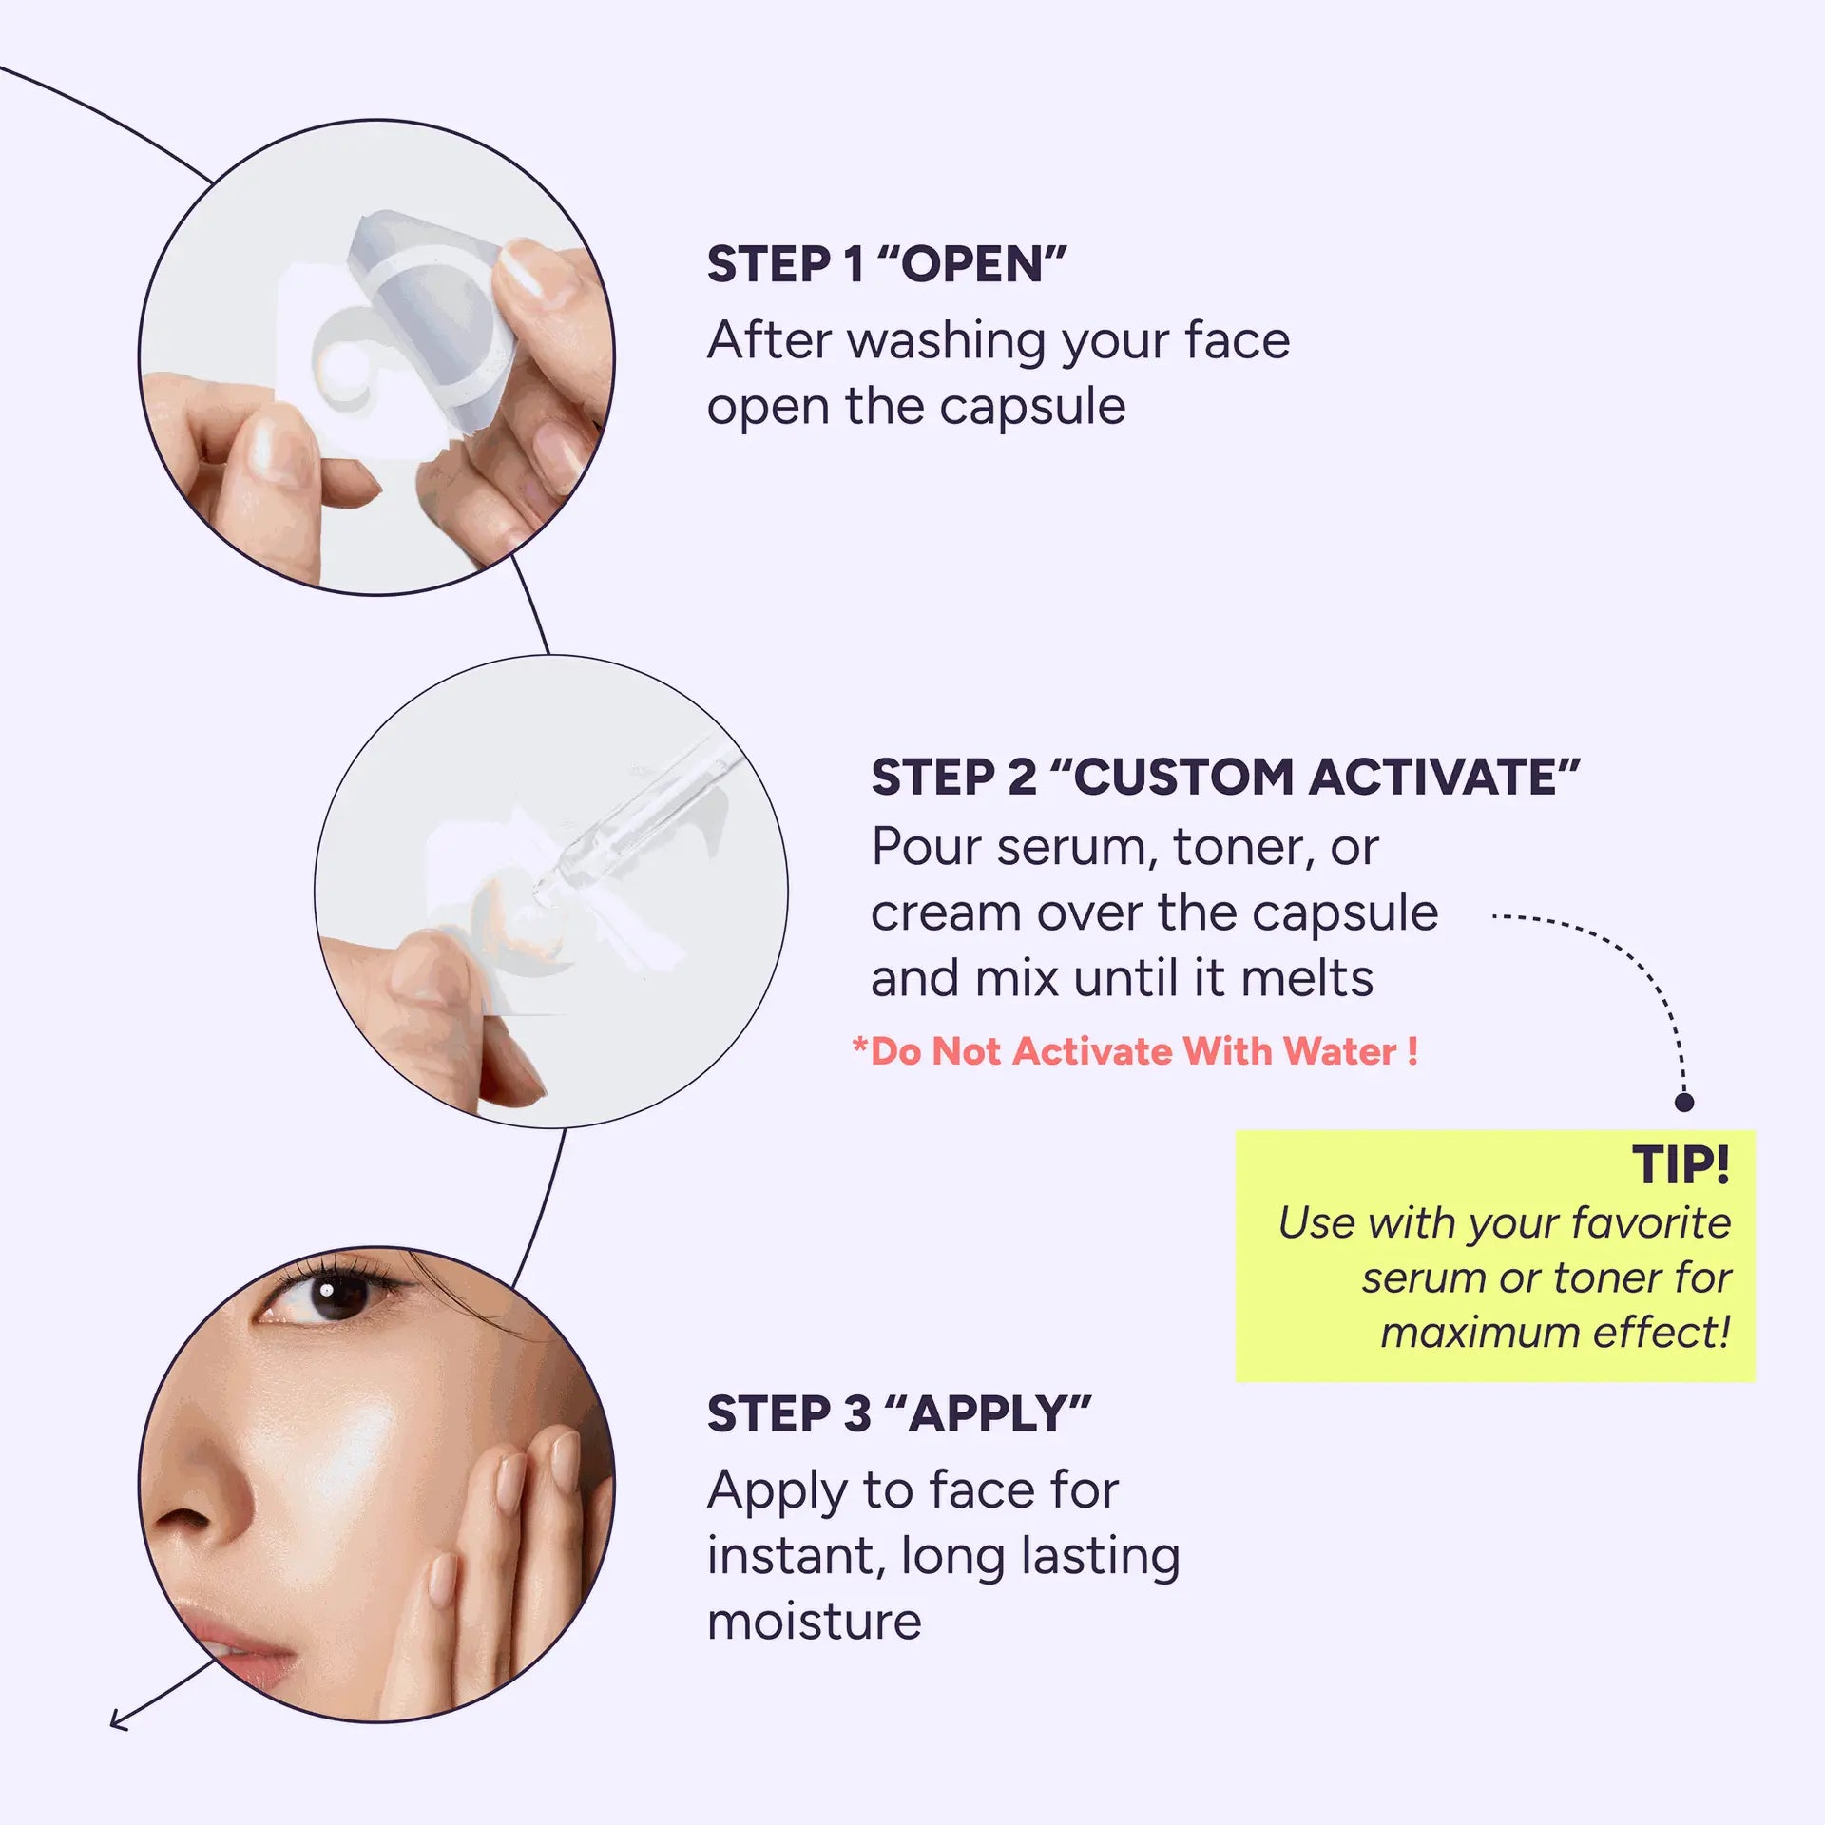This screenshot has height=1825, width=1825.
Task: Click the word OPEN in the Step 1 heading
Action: (x=972, y=264)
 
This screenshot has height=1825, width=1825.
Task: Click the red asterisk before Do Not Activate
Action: (x=860, y=1046)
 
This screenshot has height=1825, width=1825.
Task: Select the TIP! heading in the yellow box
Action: (x=1681, y=1164)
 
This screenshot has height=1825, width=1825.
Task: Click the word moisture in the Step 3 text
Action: (x=815, y=1622)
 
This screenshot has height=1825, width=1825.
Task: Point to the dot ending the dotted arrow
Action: (x=1683, y=1102)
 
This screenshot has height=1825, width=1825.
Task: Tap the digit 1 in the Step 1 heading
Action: (x=854, y=264)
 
